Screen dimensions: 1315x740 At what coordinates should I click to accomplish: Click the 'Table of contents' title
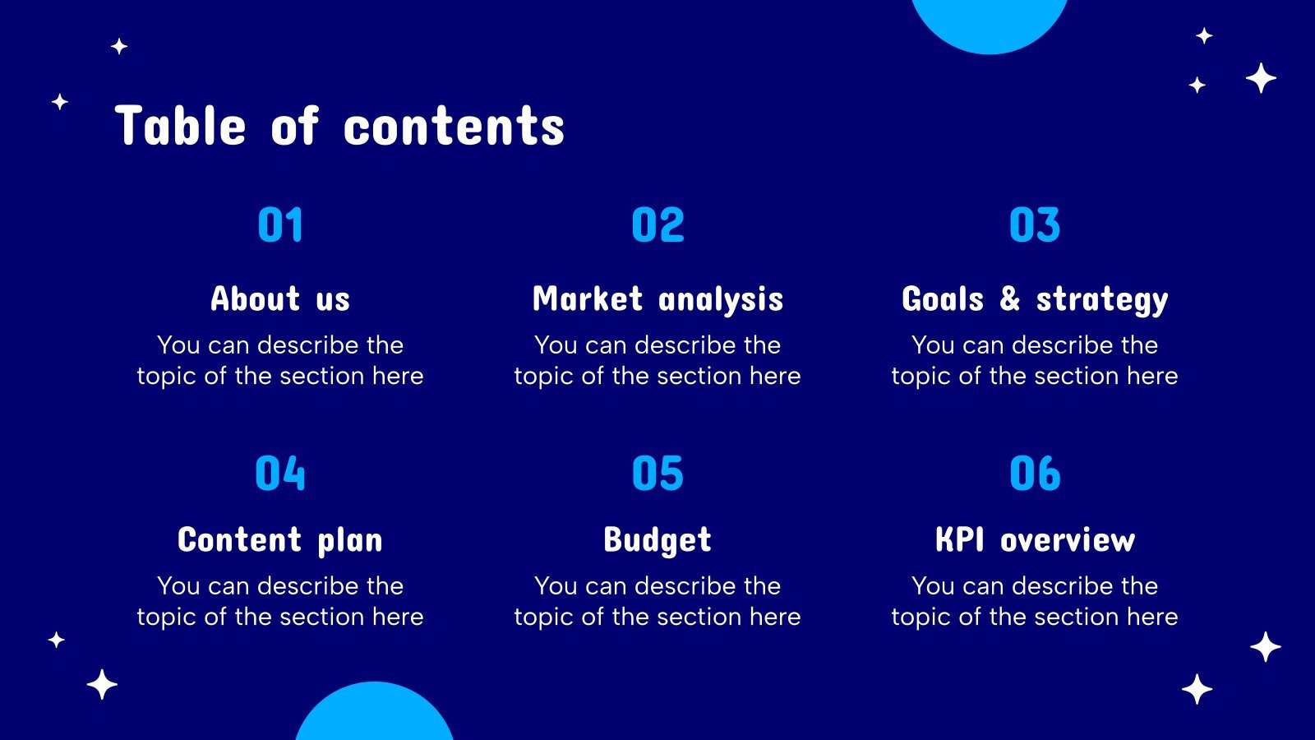(339, 126)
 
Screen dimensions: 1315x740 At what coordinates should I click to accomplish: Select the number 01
(280, 224)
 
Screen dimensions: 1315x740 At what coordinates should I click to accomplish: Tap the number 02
(658, 224)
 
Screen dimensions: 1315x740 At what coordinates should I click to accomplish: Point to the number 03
(1035, 224)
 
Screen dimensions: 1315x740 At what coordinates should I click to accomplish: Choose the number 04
(280, 473)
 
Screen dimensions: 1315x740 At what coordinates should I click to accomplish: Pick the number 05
(658, 473)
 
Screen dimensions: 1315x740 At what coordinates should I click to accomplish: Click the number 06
(1035, 473)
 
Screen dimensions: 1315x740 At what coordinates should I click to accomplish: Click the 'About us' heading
(280, 298)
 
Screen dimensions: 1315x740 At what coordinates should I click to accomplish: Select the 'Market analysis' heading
(658, 299)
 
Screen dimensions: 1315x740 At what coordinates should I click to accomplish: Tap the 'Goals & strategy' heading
(1035, 299)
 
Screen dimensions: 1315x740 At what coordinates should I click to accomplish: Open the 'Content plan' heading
(280, 540)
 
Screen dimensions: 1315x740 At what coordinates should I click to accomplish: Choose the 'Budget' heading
(657, 540)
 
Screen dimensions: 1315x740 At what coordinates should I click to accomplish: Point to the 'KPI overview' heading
(1035, 539)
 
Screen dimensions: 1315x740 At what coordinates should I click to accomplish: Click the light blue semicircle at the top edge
(990, 24)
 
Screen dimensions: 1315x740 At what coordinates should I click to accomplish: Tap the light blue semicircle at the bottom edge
(375, 714)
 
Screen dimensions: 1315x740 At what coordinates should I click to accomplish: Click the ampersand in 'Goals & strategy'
(1010, 298)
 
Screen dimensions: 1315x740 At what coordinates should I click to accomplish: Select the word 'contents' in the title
(454, 127)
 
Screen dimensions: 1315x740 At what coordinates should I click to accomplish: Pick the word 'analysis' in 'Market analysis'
(721, 300)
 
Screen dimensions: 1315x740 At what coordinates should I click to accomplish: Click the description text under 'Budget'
(657, 601)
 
